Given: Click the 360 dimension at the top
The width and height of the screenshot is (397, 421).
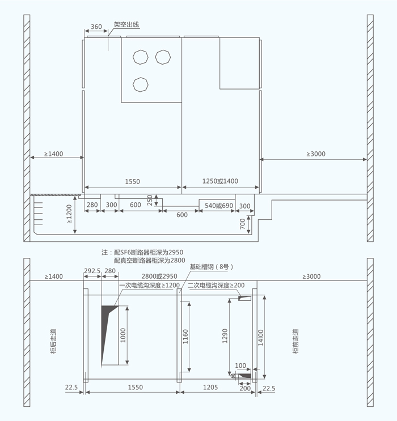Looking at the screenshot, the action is tap(96, 27).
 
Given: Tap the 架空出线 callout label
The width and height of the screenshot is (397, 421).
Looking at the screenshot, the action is tap(126, 25).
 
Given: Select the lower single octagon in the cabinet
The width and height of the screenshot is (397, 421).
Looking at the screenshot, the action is tap(140, 84).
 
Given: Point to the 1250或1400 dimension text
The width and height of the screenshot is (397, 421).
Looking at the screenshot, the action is tap(220, 181).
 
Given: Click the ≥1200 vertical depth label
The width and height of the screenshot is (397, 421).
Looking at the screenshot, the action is tap(69, 214).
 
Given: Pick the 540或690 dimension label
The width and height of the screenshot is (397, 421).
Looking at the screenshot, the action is tap(219, 206).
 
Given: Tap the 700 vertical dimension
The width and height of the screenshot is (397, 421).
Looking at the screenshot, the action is tap(242, 224).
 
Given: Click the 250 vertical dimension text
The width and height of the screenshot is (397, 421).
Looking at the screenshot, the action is tap(150, 200).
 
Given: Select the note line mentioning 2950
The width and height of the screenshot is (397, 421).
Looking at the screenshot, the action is tap(142, 252).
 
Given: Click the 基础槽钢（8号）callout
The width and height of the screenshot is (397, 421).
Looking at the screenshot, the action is tap(212, 267).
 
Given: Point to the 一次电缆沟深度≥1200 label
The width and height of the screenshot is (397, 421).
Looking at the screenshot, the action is tap(150, 285).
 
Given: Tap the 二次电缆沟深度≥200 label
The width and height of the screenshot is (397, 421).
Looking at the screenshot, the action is tap(216, 285).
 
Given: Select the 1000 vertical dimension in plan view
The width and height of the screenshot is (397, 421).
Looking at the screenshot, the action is tap(123, 335).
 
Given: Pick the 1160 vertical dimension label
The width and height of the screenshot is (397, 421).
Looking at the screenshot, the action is tap(185, 337).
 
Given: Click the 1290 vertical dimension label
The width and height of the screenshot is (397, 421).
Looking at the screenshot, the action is tap(225, 336).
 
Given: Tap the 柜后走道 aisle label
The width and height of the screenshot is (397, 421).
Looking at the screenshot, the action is tap(53, 341).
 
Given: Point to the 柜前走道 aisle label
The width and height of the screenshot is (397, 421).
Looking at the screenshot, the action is tap(295, 341).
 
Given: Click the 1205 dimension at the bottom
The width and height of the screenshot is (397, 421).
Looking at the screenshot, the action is tap(210, 387).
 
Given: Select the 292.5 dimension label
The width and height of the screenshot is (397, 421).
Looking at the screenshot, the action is tap(92, 271).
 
